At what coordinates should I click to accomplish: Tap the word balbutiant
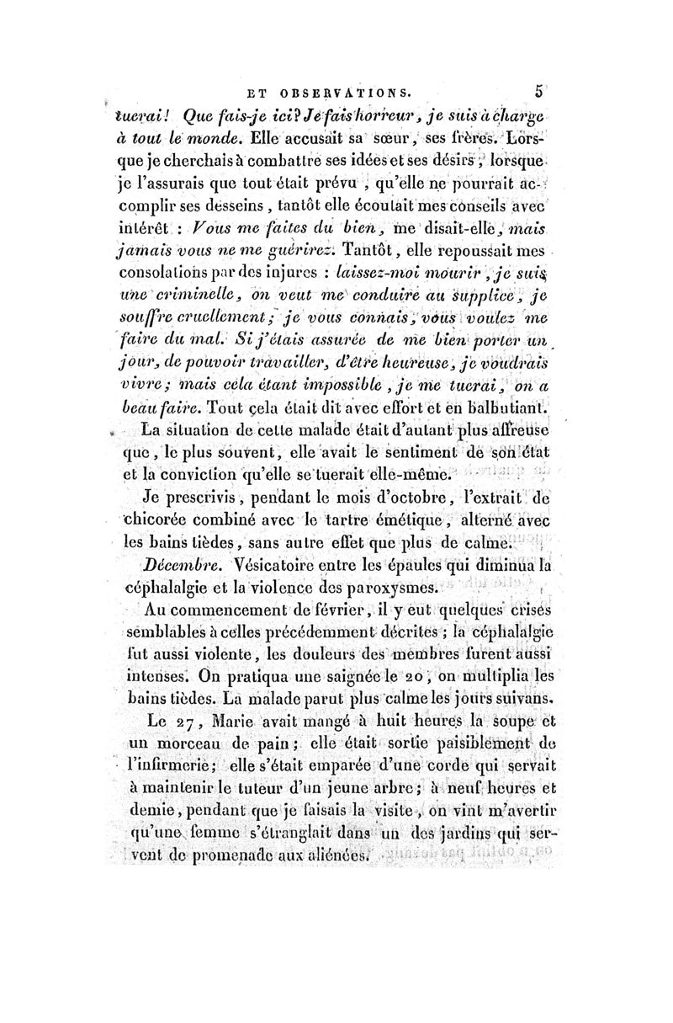tap(501, 408)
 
